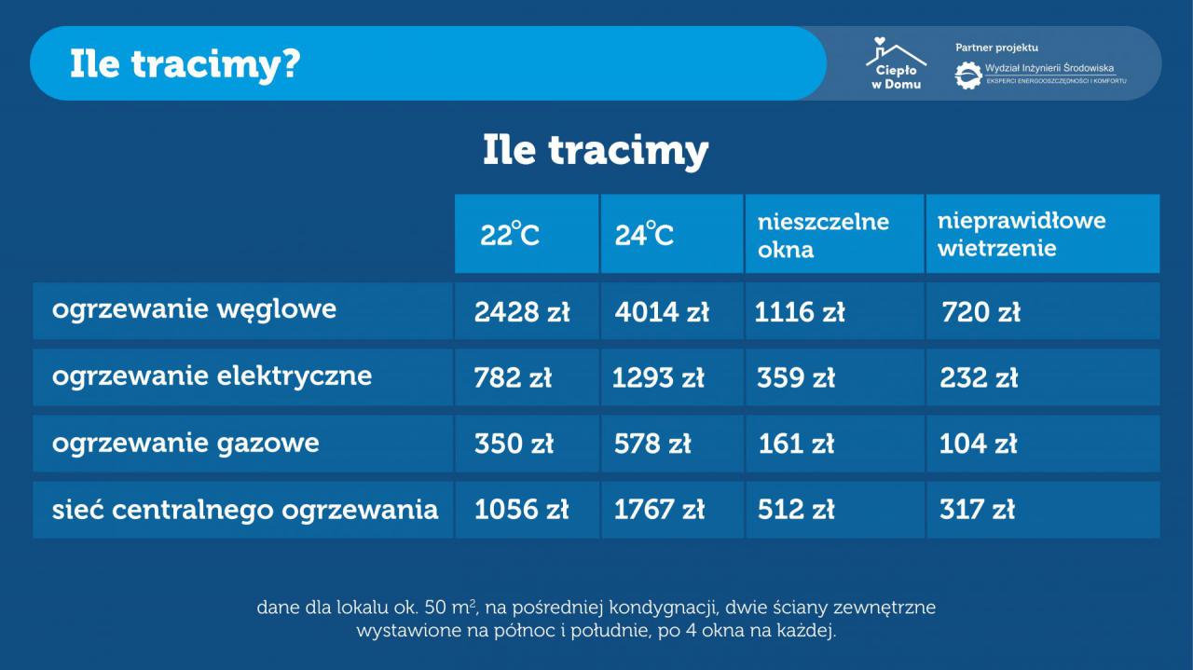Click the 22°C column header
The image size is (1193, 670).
pyautogui.click(x=510, y=234)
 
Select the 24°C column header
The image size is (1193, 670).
pyautogui.click(x=644, y=234)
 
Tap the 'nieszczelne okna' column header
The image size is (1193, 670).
pyautogui.click(x=823, y=236)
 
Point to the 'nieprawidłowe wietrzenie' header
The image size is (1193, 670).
pyautogui.click(x=1022, y=234)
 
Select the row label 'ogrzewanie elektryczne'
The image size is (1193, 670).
pyautogui.click(x=212, y=376)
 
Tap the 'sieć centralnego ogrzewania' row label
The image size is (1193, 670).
pyautogui.click(x=245, y=510)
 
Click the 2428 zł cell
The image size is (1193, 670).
pyautogui.click(x=522, y=312)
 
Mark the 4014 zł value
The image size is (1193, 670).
pyautogui.click(x=662, y=312)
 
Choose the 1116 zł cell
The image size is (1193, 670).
pyautogui.click(x=800, y=312)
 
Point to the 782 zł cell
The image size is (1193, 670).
pyautogui.click(x=513, y=378)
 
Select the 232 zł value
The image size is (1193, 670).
pyautogui.click(x=979, y=378)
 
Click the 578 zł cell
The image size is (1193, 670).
pyautogui.click(x=652, y=444)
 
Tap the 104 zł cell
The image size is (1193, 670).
pyautogui.click(x=978, y=444)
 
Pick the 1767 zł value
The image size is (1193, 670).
pyautogui.click(x=659, y=510)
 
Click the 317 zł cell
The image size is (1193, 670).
pyautogui.click(x=977, y=510)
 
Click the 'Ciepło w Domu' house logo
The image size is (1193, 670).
pyautogui.click(x=896, y=62)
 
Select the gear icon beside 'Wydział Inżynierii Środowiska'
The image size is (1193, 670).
pyautogui.click(x=968, y=75)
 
